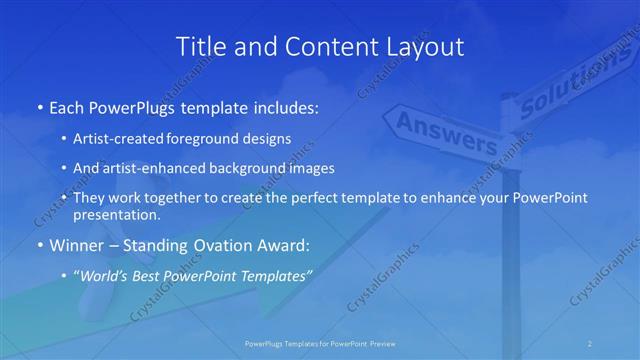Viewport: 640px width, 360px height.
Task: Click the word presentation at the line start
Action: (x=116, y=215)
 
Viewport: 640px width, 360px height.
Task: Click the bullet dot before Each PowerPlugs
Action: (x=38, y=106)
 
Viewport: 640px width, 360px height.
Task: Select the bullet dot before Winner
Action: (x=38, y=244)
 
